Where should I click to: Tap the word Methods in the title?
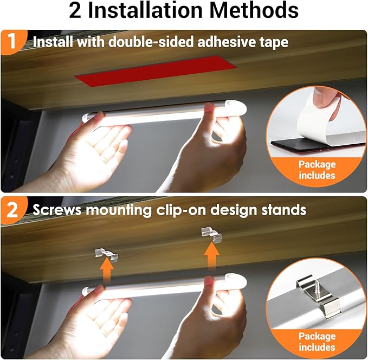click(254, 11)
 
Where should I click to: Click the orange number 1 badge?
click(12, 42)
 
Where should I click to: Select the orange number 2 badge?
click(13, 210)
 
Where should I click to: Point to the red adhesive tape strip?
click(156, 70)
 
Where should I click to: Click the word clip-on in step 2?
click(182, 210)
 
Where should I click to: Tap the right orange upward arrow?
click(211, 256)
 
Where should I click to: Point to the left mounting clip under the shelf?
click(107, 255)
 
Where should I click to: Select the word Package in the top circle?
click(317, 164)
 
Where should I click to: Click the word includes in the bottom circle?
click(317, 347)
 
